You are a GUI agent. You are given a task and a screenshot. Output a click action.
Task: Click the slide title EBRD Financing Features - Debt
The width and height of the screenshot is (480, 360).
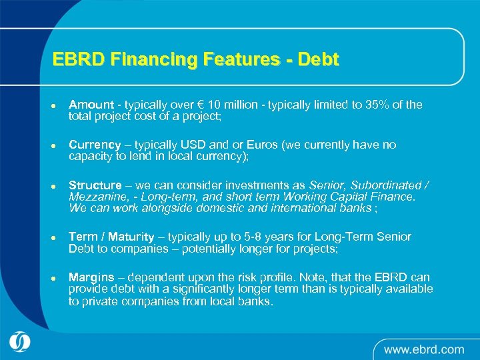pos(195,59)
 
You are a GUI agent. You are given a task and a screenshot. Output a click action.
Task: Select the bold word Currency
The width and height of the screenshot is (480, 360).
pos(95,145)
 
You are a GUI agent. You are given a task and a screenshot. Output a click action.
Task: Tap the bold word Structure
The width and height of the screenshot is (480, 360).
pos(95,185)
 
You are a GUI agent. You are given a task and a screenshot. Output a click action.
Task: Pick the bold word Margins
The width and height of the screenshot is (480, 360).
pos(91,277)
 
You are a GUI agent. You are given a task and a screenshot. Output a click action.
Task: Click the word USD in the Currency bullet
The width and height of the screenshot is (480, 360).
pos(185,145)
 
